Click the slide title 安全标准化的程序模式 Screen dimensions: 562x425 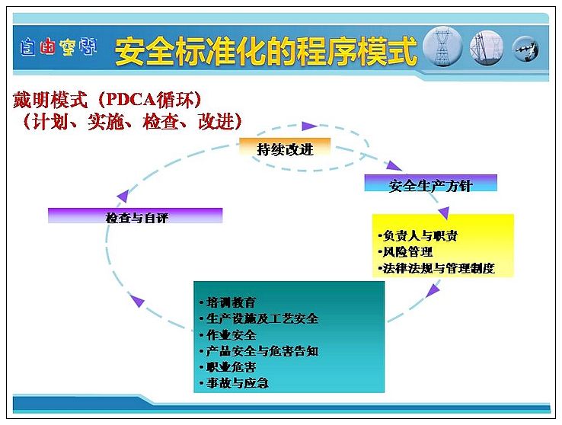[x=266, y=51]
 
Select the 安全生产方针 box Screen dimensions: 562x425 [x=430, y=184]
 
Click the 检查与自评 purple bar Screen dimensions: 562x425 [x=135, y=216]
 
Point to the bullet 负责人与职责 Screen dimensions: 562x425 [x=418, y=236]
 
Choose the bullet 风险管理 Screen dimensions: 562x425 [x=405, y=252]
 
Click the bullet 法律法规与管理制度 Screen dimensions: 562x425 [x=436, y=268]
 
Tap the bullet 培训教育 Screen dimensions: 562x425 [x=228, y=302]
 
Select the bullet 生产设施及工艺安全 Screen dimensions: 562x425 [x=259, y=318]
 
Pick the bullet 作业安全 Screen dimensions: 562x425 [x=228, y=335]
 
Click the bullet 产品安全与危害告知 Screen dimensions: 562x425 [x=259, y=351]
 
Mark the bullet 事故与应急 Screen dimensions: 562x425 [x=234, y=383]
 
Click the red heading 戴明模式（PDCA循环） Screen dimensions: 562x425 [x=107, y=100]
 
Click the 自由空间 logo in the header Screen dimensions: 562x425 [x=59, y=47]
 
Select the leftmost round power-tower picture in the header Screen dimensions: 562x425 [x=442, y=48]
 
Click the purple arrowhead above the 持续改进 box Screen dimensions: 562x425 [x=309, y=126]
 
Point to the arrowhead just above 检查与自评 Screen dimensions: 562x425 [x=123, y=196]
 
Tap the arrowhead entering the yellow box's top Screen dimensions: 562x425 [x=444, y=212]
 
